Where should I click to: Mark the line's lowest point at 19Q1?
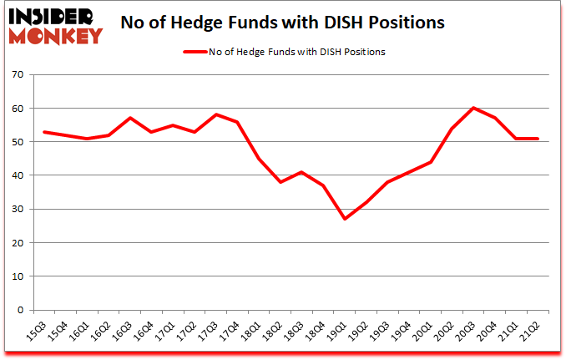(344, 219)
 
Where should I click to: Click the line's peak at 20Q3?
(473, 108)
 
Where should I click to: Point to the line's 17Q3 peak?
(215, 114)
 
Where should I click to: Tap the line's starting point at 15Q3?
(43, 132)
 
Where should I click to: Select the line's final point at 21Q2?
(537, 139)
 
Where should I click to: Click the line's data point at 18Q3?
(301, 172)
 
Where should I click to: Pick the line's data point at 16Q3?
(129, 118)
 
